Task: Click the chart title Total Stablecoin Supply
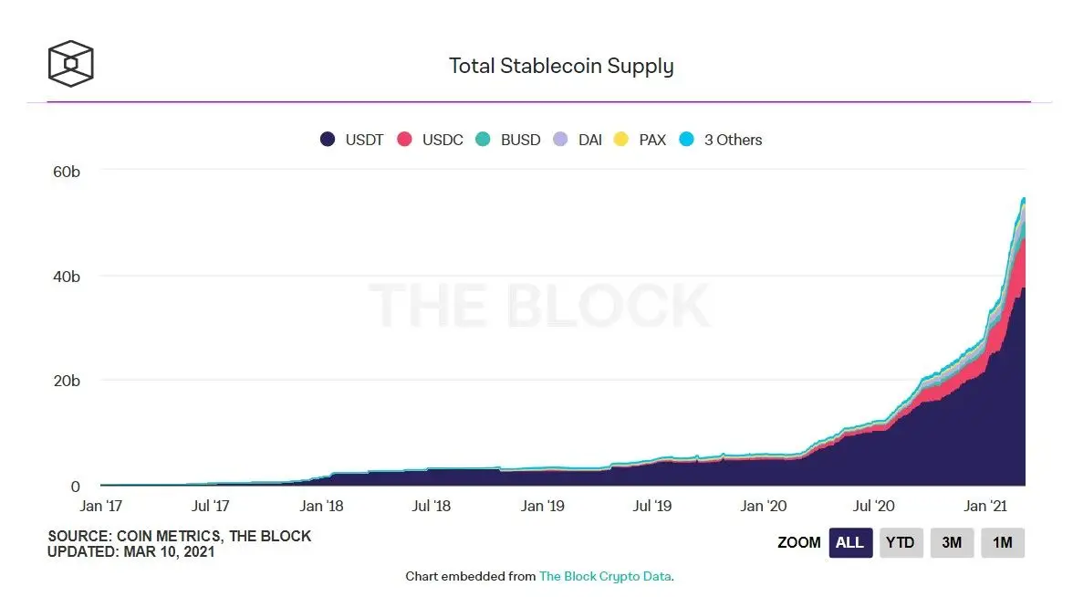[561, 67]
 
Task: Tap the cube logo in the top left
[71, 63]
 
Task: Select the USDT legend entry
[351, 140]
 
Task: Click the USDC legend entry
[431, 140]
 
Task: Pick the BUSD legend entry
[508, 140]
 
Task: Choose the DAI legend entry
[578, 140]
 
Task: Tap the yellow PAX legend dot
[620, 140]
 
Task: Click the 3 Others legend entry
[722, 140]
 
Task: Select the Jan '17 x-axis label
[100, 506]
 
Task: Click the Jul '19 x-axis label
[653, 506]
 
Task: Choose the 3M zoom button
[952, 542]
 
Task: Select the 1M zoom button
[1003, 542]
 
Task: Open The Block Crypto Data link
[606, 577]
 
